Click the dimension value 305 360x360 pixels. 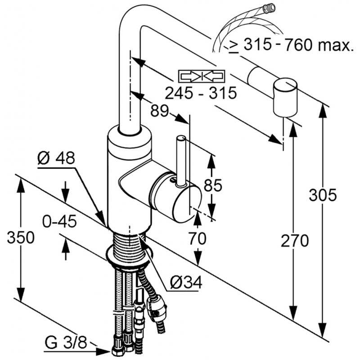323,195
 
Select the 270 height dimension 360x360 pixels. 295,240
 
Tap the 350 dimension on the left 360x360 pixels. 21,237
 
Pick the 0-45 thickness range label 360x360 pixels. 60,221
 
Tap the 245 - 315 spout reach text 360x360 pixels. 200,93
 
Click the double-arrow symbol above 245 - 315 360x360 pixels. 201,76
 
